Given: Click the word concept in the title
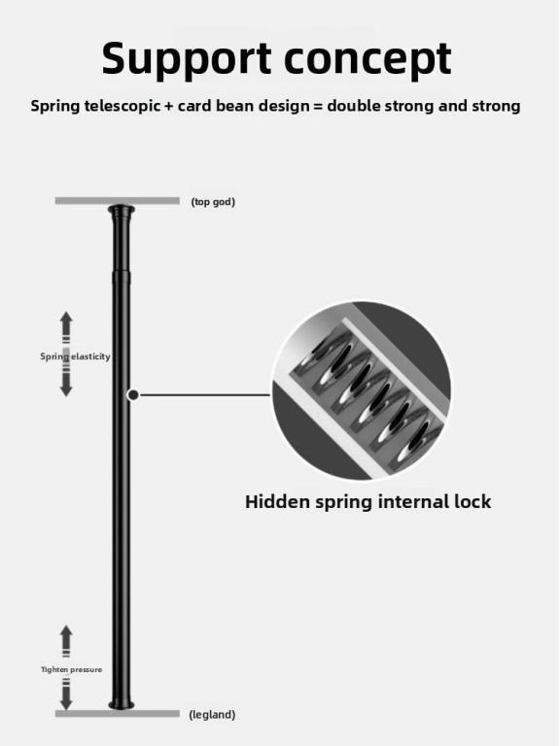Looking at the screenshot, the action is pos(367,58).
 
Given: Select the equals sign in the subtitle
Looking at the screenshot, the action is pos(318,106).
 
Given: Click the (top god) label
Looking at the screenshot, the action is pos(213,202).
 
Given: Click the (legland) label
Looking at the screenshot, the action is pos(212,715).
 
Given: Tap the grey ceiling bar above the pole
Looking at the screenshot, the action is pos(117,201).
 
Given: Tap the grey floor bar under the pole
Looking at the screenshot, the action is pos(117,714).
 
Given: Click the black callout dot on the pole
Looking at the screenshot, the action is pos(133,395).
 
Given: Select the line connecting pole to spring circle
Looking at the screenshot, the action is pos(205,395).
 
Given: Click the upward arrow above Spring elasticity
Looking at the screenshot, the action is pos(66,326).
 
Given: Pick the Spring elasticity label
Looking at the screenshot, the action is pos(75,356).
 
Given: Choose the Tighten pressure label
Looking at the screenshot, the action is pos(71,669).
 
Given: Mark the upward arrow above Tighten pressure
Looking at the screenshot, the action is pos(66,641).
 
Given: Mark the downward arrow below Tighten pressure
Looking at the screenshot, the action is pos(66,694).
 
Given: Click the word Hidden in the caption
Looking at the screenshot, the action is pos(277,502).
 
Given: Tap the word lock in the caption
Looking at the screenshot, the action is pos(472,502).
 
